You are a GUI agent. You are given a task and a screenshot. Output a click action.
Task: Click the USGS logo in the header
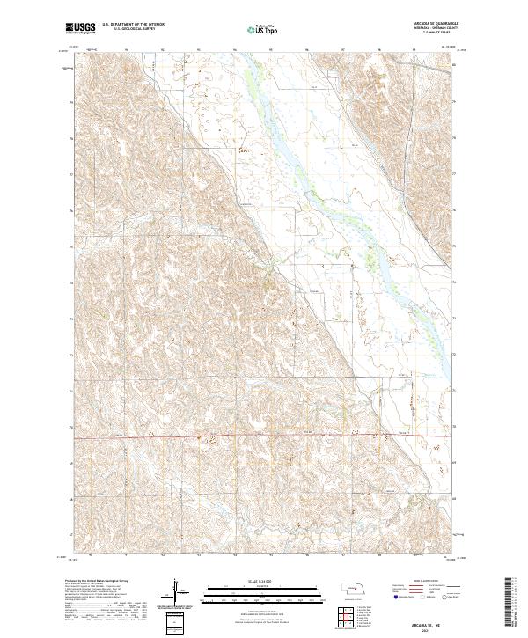81,29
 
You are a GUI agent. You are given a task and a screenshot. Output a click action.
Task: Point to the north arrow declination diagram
178,592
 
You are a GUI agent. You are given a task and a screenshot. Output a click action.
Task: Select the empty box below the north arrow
178,621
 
